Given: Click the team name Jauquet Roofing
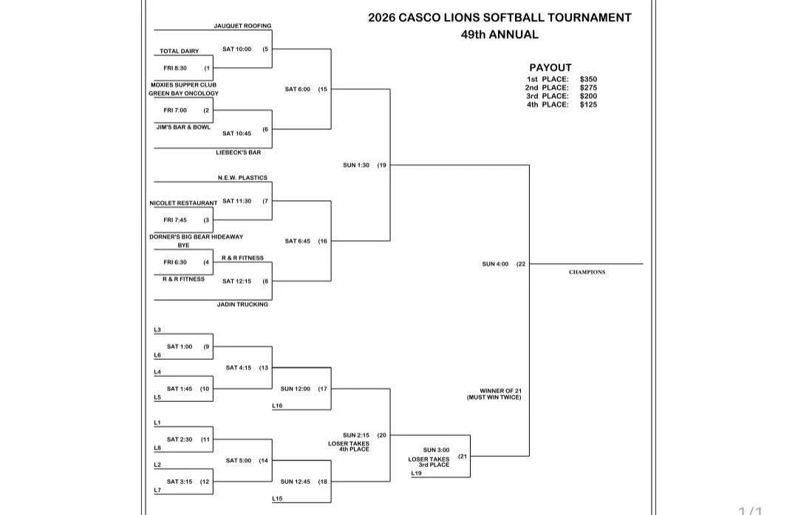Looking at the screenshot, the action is tap(242, 26).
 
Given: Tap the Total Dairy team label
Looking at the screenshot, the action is tap(179, 52).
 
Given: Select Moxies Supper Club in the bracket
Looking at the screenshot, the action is tap(183, 85).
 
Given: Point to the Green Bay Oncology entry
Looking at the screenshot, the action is tap(183, 94).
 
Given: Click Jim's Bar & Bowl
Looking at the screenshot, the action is tap(183, 127).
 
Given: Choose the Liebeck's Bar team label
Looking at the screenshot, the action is tap(238, 153).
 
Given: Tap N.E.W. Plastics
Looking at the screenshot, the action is tap(242, 178).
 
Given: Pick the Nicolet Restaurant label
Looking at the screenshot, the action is tap(183, 203).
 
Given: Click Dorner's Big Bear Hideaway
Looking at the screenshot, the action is tap(196, 237).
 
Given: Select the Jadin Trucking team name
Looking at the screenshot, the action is tap(242, 304).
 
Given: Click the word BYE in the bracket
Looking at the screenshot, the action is tap(183, 245).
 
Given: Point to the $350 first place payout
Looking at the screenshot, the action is tap(588, 79).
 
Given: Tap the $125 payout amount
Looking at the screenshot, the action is tap(588, 105).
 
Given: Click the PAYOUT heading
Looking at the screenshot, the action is tap(550, 68).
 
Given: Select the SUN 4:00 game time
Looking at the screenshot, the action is tap(495, 264).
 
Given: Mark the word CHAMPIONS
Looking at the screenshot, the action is tap(587, 272).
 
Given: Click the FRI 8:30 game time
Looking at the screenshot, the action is tap(175, 68).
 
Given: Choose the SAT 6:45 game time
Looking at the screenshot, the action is tap(297, 241).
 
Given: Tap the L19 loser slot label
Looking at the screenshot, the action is tap(416, 474).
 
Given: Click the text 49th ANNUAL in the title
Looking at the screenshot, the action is tap(499, 35).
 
